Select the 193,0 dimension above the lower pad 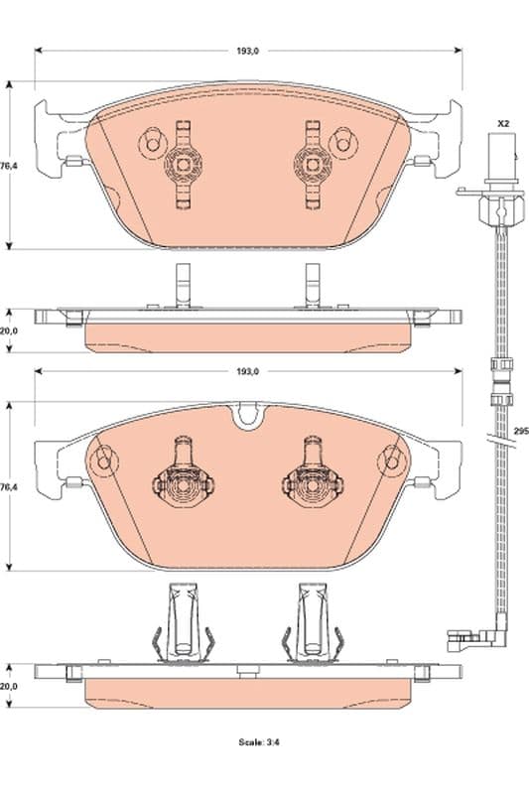pos(247,371)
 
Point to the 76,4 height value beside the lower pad pos(9,487)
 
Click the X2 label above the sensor pos(503,122)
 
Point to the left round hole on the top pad pos(151,143)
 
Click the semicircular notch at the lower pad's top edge pos(247,417)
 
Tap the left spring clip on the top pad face pos(183,164)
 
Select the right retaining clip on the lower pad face pos(312,482)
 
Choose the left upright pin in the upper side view pos(182,286)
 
